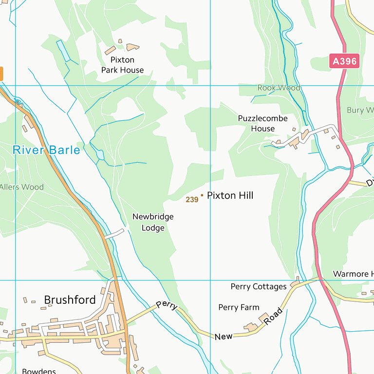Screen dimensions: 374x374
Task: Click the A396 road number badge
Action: (345, 61)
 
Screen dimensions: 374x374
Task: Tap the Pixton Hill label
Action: (230, 195)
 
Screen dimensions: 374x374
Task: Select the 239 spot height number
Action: (192, 200)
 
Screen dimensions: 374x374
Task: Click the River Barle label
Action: (46, 150)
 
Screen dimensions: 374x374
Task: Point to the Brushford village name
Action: (70, 300)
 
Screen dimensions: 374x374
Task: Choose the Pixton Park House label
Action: (122, 65)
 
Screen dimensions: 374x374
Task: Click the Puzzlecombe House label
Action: (262, 123)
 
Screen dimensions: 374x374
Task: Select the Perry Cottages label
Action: (259, 286)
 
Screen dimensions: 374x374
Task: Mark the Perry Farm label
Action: (239, 307)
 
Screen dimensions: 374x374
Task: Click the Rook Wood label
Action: (279, 88)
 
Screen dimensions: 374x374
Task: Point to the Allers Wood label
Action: (21, 187)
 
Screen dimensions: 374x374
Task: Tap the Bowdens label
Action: (39, 371)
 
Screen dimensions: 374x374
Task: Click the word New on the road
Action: (224, 337)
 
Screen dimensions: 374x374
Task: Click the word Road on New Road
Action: (273, 317)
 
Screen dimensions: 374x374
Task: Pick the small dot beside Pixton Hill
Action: (202, 195)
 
